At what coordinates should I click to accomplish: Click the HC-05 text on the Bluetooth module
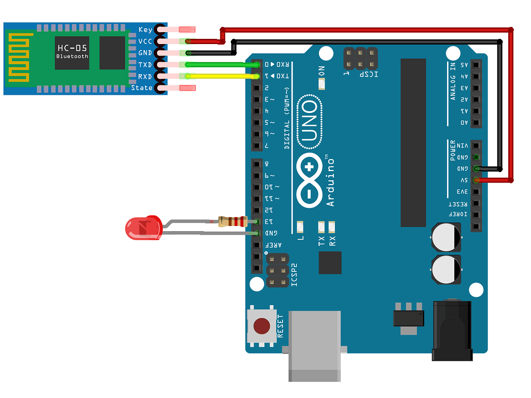pyautogui.click(x=72, y=48)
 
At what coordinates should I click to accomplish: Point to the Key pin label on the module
pyautogui.click(x=145, y=30)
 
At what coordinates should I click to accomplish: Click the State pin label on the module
pyautogui.click(x=142, y=88)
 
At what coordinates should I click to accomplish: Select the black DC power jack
pyautogui.click(x=452, y=332)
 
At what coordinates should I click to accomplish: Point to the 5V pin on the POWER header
pyautogui.click(x=476, y=180)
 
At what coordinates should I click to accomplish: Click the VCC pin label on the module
pyautogui.click(x=145, y=41)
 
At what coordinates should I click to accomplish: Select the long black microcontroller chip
pyautogui.click(x=413, y=143)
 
